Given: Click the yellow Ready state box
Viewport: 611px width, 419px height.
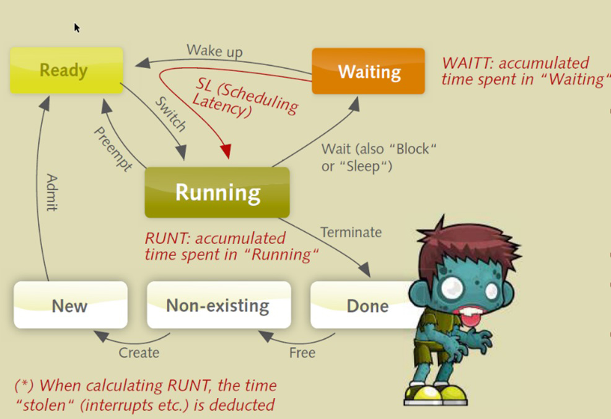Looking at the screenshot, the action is (x=67, y=71).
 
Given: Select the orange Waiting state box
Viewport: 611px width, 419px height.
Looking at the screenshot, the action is (x=368, y=71).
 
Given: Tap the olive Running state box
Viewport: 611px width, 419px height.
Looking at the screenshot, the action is (x=217, y=193).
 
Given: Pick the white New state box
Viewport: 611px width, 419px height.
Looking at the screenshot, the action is (x=71, y=305).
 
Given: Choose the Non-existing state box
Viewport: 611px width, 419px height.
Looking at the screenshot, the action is (x=219, y=305).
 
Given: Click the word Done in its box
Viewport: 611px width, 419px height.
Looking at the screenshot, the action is (x=367, y=306).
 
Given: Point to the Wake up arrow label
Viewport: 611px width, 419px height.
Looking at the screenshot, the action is (x=214, y=51).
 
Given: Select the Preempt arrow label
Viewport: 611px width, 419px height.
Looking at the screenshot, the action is (x=113, y=149).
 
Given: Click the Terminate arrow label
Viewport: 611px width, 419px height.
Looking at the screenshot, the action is (x=351, y=232).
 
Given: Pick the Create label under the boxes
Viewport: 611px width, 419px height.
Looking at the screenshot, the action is (x=139, y=353).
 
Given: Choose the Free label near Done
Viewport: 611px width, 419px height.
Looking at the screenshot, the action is (x=302, y=353).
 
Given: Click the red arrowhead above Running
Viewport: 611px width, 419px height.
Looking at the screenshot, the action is (x=226, y=151).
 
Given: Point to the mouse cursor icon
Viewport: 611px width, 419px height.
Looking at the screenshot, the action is (x=77, y=28).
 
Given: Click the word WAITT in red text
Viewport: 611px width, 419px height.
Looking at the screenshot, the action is (x=468, y=63).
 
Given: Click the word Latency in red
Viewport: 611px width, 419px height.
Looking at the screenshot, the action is (x=222, y=105).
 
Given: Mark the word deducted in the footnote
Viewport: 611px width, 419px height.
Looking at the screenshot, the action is (x=242, y=405).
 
